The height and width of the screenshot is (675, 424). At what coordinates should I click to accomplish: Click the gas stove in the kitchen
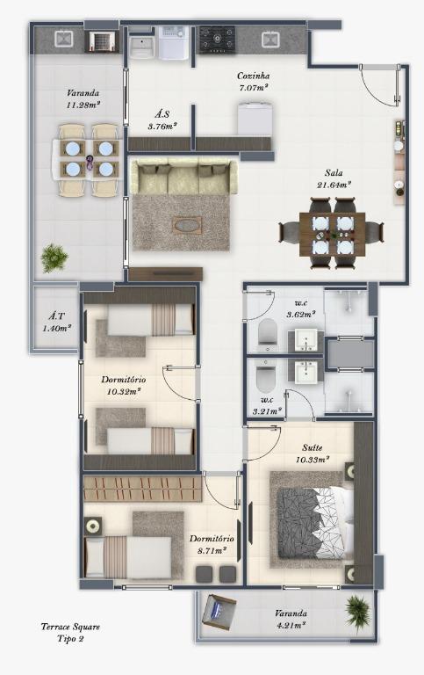click(217, 40)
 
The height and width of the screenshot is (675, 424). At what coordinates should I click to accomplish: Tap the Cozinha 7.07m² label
click(254, 82)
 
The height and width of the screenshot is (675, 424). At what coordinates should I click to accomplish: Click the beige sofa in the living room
click(183, 177)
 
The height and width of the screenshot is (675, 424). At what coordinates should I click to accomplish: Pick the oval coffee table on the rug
click(187, 225)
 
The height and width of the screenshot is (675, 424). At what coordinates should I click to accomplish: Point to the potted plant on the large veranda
click(54, 258)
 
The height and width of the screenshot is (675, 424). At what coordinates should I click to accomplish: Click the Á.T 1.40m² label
click(56, 322)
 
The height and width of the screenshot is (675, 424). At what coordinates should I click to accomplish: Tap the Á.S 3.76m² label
click(162, 120)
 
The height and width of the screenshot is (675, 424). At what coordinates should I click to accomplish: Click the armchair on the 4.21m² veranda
click(219, 612)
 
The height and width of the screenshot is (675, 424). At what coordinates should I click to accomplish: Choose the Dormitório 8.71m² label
click(212, 545)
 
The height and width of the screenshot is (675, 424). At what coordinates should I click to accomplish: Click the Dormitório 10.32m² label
click(124, 386)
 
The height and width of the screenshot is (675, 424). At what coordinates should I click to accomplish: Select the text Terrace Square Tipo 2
click(70, 633)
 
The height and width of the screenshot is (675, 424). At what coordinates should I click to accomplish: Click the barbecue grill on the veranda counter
click(104, 42)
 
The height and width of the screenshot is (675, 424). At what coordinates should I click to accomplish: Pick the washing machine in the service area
click(174, 42)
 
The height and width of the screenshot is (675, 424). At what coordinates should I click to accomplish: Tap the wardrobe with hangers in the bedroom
click(142, 489)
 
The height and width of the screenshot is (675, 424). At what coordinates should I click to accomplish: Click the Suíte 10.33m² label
click(313, 454)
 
